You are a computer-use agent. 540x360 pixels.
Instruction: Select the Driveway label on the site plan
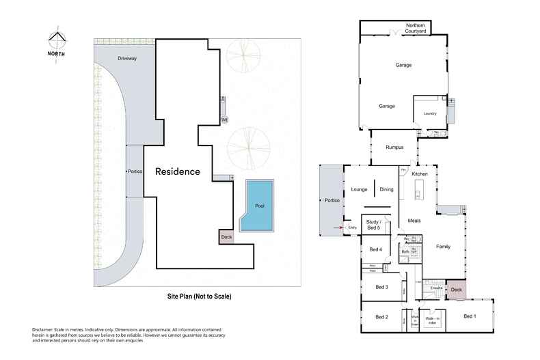pyautogui.click(x=127, y=59)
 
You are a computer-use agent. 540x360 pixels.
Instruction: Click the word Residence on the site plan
pyautogui.click(x=177, y=171)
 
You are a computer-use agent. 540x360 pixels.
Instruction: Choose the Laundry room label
pyautogui.click(x=429, y=113)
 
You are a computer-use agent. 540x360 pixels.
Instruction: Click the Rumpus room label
pyautogui.click(x=394, y=147)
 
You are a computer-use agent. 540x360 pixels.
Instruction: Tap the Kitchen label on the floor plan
pyautogui.click(x=420, y=174)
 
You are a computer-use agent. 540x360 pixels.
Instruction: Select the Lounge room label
pyautogui.click(x=360, y=189)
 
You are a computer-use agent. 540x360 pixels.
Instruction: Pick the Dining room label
pyautogui.click(x=387, y=189)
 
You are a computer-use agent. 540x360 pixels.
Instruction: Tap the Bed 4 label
pyautogui.click(x=375, y=249)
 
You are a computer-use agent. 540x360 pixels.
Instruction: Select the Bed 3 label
pyautogui.click(x=382, y=287)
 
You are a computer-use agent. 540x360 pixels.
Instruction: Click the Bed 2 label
pyautogui.click(x=381, y=317)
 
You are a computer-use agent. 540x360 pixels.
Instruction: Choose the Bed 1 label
pyautogui.click(x=470, y=316)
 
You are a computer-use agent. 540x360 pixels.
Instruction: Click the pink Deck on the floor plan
pyautogui.click(x=456, y=290)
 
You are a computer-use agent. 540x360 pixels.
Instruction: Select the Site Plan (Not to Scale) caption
pyautogui.click(x=200, y=296)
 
